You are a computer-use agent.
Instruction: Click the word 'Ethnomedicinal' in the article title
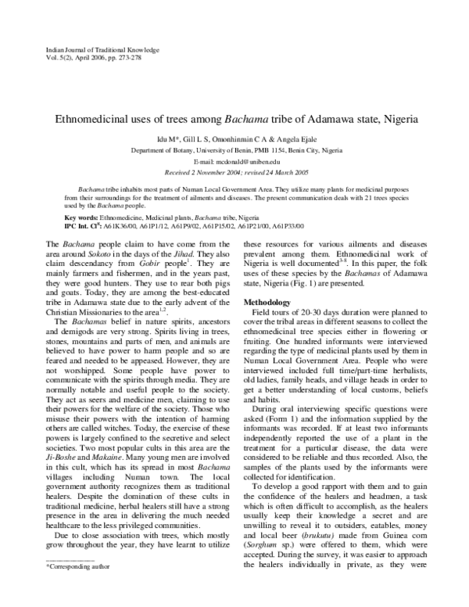tap(91, 120)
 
